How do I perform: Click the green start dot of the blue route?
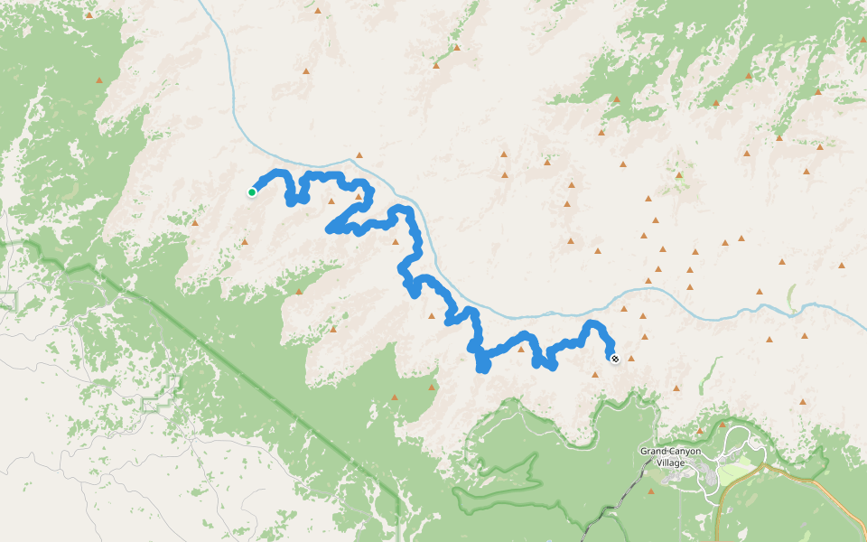tap(251, 192)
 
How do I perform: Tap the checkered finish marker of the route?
tap(615, 359)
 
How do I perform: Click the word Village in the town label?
tap(671, 463)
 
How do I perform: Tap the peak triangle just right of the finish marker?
tap(632, 357)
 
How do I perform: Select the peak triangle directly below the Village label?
tap(651, 491)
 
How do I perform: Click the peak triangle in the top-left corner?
tap(89, 14)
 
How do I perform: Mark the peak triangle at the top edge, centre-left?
tap(318, 11)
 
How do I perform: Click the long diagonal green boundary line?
tap(271, 379)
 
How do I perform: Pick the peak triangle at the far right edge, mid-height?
tap(841, 266)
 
